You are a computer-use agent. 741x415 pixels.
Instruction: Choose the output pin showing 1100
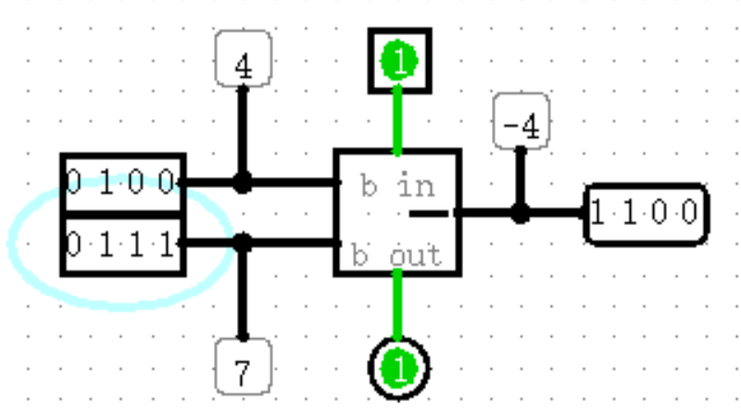tap(646, 214)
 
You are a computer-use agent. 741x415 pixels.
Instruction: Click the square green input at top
tap(399, 61)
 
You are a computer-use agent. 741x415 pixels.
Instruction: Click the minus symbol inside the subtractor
tap(429, 214)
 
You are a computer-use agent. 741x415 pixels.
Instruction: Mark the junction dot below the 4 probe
tap(243, 182)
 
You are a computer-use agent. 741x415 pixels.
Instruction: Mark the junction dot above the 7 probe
tap(243, 244)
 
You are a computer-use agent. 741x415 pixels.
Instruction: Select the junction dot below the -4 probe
tap(521, 214)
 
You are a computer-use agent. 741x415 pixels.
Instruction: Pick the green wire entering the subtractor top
tap(398, 120)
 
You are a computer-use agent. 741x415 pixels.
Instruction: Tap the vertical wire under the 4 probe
tap(243, 130)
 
